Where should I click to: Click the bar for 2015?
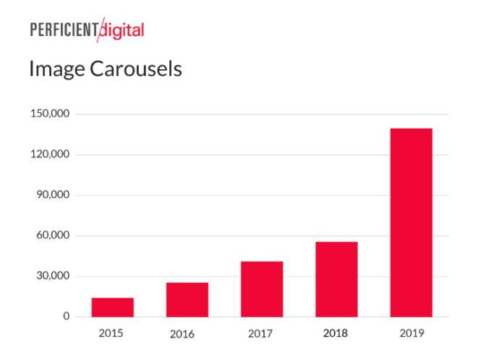click(x=112, y=307)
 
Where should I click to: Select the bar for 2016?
click(x=187, y=299)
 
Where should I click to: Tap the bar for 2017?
click(x=262, y=289)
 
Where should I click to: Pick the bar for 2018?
click(x=336, y=279)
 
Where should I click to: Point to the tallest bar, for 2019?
click(x=411, y=223)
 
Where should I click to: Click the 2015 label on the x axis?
click(x=111, y=333)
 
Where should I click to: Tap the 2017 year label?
click(x=261, y=333)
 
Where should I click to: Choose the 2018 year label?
click(x=335, y=333)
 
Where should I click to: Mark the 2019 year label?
click(x=411, y=333)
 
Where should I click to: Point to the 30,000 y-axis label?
click(x=54, y=276)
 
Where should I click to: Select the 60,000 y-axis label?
click(x=54, y=236)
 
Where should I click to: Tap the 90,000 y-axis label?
click(x=54, y=195)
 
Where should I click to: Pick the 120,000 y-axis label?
click(x=51, y=155)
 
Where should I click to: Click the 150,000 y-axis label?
click(x=51, y=114)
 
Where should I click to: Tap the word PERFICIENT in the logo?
click(x=64, y=30)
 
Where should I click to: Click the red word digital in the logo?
click(x=123, y=30)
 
